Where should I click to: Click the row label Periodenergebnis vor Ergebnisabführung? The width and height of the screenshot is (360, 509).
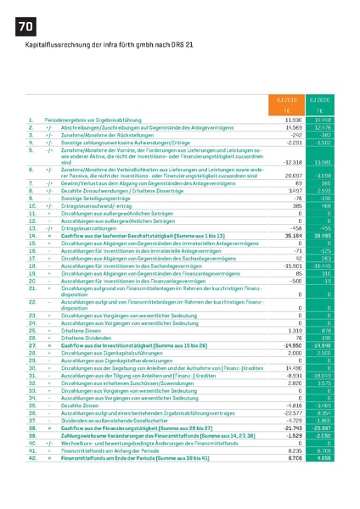point(105,120)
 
